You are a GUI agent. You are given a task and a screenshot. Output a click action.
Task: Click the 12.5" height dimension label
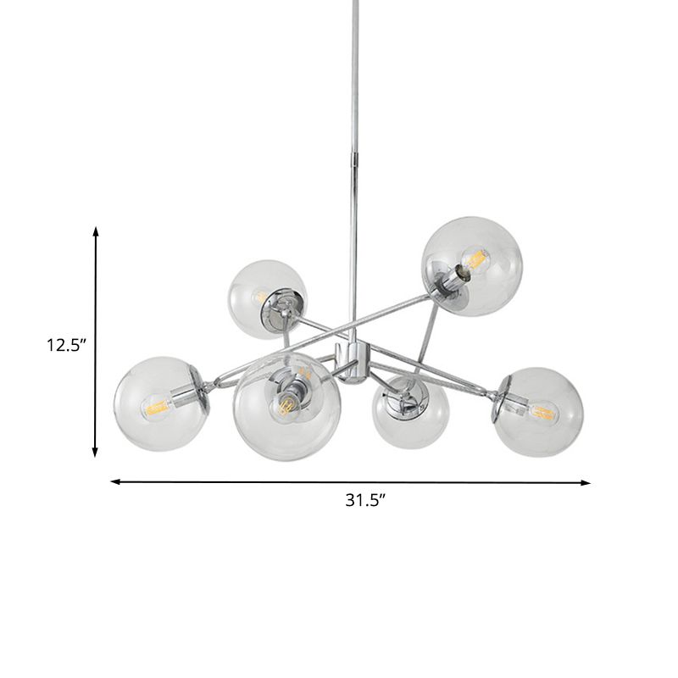(67, 346)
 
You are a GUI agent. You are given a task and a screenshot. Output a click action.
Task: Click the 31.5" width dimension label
(365, 500)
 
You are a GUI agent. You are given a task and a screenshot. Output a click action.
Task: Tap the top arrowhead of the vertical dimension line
(96, 231)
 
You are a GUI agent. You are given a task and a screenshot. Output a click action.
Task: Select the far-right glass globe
(539, 412)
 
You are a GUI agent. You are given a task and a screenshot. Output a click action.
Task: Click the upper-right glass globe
(472, 266)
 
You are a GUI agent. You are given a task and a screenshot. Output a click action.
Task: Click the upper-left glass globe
(266, 298)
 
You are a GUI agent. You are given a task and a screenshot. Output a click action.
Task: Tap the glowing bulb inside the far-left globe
(157, 407)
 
